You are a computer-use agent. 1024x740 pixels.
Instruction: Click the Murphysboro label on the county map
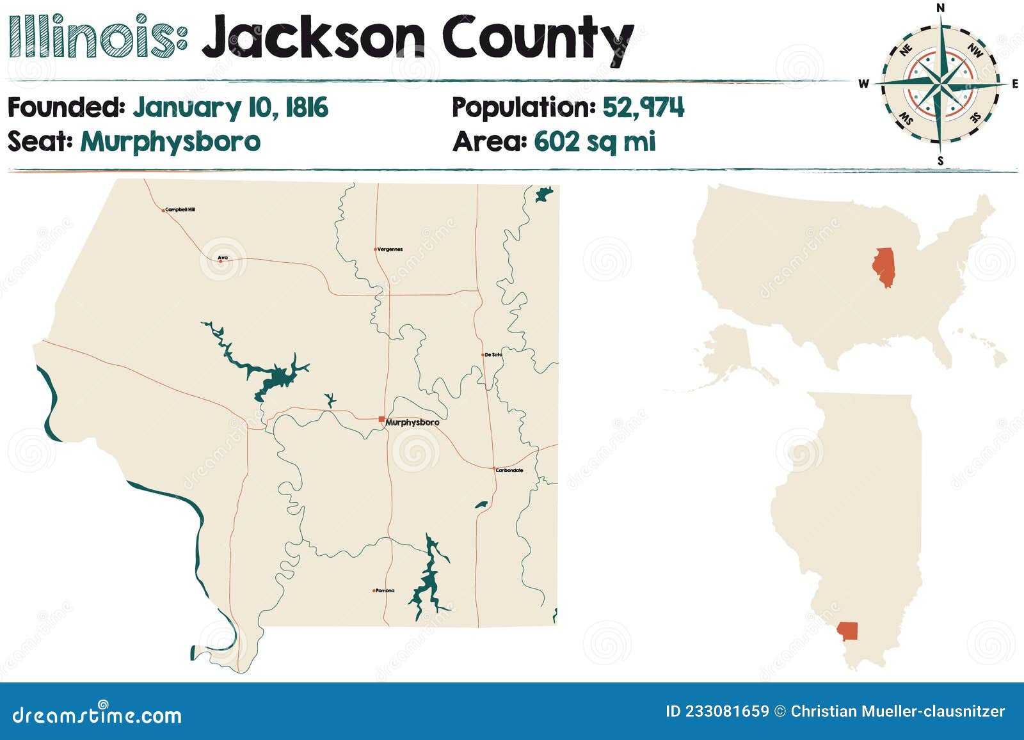[412, 423]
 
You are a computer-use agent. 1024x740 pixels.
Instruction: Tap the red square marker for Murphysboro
[381, 420]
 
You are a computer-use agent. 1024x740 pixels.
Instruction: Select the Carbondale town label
[510, 471]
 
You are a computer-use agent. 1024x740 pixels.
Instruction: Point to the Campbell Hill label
[180, 210]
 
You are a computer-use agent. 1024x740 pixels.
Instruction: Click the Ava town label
[223, 258]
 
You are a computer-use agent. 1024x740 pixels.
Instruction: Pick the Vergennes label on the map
[390, 249]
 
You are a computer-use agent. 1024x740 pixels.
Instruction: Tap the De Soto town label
[493, 354]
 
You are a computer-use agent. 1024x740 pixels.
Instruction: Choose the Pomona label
[385, 591]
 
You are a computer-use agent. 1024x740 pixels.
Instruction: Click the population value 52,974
[643, 107]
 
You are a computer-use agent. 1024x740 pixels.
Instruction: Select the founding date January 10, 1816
[230, 107]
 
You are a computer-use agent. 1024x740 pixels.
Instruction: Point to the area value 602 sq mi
[595, 141]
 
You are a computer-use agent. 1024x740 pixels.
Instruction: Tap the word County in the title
[538, 38]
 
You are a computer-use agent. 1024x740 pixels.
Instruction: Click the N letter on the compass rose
[941, 8]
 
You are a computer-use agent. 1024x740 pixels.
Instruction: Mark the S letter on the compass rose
[940, 161]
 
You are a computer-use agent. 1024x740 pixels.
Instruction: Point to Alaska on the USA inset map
[730, 355]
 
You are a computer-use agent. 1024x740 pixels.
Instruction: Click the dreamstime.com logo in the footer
[97, 715]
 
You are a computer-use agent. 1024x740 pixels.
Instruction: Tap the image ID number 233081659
[726, 711]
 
